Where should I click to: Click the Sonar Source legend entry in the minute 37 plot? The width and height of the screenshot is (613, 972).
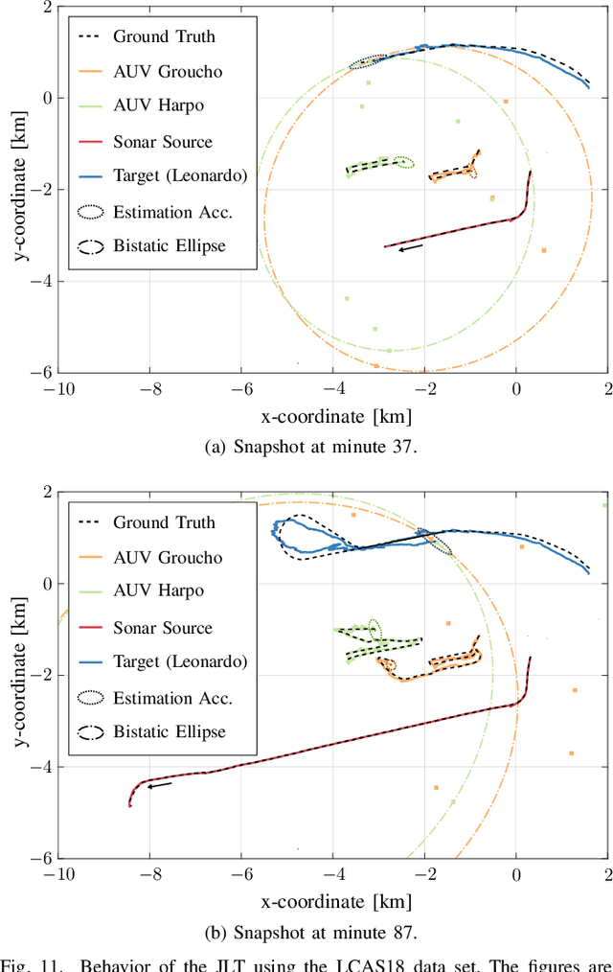point(163,142)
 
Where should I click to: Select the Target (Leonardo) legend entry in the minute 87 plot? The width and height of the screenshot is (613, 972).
point(180,661)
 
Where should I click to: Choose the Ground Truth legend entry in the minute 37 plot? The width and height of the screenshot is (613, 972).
point(164,37)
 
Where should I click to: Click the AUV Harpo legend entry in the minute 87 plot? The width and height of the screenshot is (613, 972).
point(158,592)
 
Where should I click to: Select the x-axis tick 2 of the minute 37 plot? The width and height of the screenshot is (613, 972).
point(606,389)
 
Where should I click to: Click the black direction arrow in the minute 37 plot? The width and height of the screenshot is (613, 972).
point(410,248)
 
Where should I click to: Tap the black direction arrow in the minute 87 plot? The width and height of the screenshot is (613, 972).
point(160,785)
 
